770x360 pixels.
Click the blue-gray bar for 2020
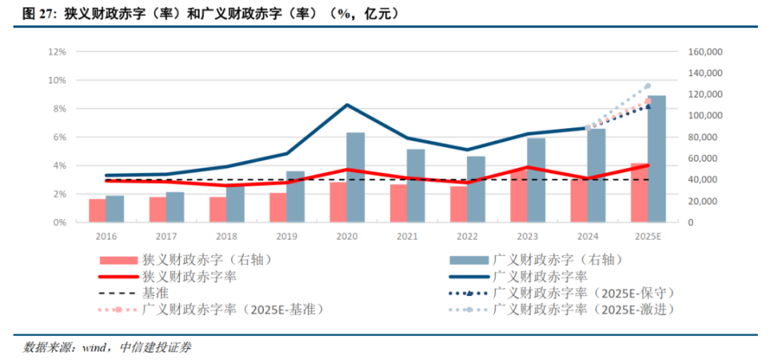(355, 177)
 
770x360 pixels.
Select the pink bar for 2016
(97, 211)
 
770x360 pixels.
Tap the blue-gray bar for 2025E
(656, 159)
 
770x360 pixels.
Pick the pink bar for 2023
(519, 196)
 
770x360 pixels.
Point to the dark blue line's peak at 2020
(346, 105)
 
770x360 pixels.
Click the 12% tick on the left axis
(57, 52)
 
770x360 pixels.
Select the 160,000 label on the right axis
(707, 52)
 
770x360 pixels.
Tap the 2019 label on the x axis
(286, 237)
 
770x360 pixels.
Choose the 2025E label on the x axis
(648, 237)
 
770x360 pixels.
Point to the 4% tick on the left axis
(59, 166)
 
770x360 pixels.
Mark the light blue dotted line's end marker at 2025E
(647, 87)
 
